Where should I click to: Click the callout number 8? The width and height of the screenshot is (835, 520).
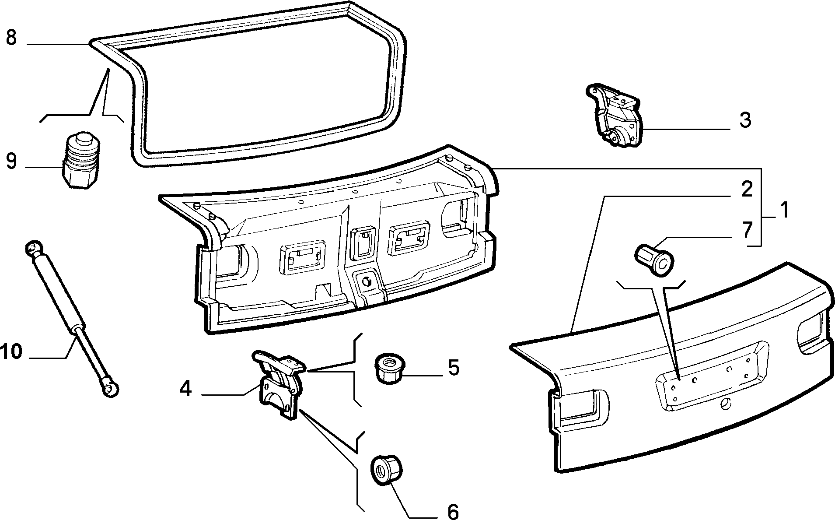point(12,38)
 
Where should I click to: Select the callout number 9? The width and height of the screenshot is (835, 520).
point(12,161)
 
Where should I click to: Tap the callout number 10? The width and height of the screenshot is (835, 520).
point(12,351)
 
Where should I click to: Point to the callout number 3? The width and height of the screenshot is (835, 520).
point(745,119)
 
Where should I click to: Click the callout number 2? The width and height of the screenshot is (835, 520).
point(747,189)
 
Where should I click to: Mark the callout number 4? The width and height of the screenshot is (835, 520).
point(186,389)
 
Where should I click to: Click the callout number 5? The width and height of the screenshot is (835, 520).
point(454,367)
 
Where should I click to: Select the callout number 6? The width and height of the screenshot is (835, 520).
point(453,511)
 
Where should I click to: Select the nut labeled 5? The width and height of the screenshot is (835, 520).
point(388,370)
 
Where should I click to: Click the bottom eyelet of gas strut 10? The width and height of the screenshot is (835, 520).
point(111,389)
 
